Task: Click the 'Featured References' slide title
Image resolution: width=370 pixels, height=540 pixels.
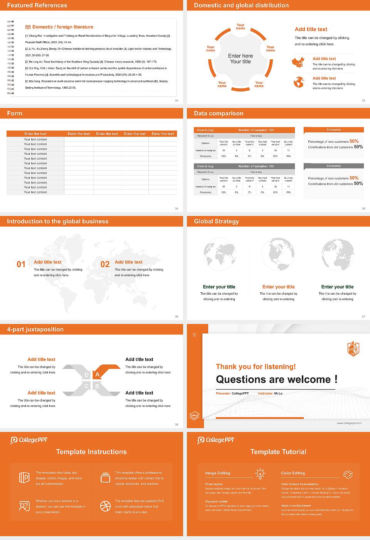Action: (37, 5)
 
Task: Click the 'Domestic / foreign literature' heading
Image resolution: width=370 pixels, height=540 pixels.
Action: (62, 27)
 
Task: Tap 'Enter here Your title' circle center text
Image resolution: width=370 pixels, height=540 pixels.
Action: (240, 59)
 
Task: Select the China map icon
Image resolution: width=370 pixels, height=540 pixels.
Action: (298, 62)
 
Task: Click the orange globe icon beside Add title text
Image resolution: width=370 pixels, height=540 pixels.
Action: (299, 82)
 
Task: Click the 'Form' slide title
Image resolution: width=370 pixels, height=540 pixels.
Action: (15, 113)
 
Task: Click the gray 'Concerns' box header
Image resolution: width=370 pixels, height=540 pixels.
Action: (333, 166)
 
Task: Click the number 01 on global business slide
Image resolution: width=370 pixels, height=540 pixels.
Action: (21, 264)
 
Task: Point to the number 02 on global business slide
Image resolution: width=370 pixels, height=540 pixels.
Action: (105, 264)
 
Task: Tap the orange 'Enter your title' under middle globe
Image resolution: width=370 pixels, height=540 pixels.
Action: (278, 287)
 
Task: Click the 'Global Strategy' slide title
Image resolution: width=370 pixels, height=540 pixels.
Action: (216, 221)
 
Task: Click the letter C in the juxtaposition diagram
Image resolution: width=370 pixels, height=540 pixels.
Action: (86, 386)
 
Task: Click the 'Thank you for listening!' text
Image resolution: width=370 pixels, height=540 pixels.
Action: (256, 367)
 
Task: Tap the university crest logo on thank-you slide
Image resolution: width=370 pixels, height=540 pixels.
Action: (353, 349)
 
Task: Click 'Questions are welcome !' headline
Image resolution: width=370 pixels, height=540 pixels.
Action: (276, 380)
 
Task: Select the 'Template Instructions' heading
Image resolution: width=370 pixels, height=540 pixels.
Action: (91, 452)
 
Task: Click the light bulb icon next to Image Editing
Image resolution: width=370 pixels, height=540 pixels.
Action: (261, 474)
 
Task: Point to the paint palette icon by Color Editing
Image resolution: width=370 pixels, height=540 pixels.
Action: (348, 474)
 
